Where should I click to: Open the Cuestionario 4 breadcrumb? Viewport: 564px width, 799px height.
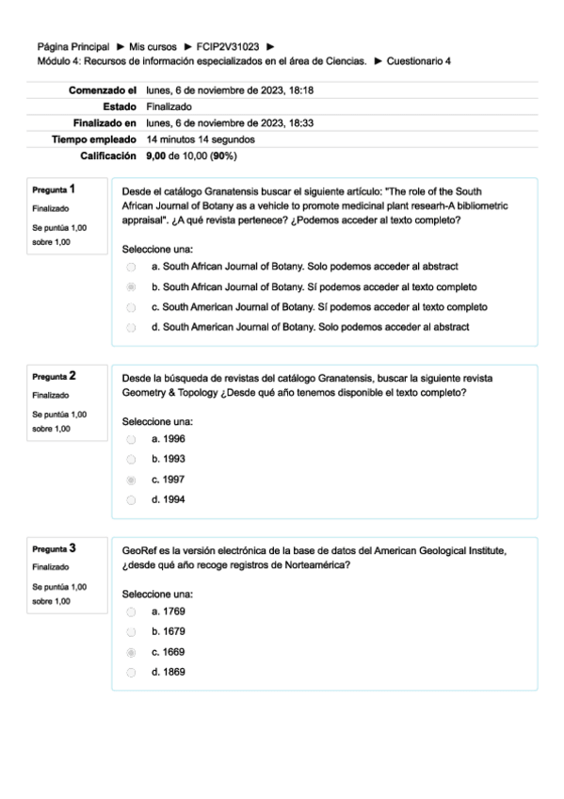[418, 60]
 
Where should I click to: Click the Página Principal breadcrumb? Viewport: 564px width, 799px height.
[73, 46]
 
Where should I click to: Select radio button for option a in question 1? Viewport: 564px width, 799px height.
[131, 267]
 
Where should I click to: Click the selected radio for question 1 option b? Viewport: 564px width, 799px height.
[131, 286]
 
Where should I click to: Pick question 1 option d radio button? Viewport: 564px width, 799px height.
[131, 327]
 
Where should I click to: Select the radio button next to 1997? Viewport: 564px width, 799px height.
[131, 480]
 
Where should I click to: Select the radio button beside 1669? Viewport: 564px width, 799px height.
[131, 652]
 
